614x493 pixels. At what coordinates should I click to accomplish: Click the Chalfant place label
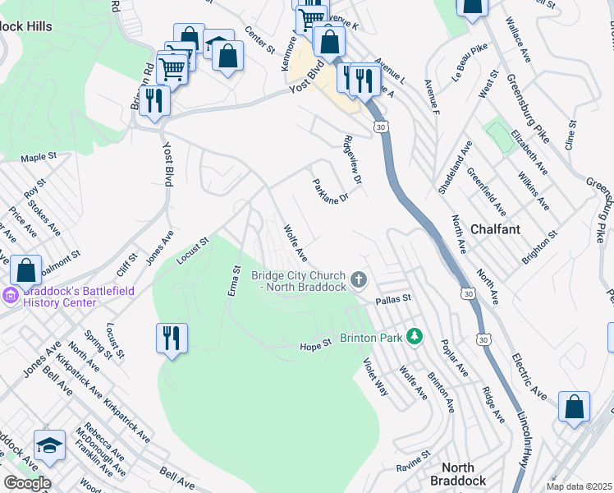click(x=496, y=229)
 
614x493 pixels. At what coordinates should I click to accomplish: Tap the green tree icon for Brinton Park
click(x=415, y=337)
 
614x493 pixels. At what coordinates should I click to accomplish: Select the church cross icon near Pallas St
click(x=358, y=281)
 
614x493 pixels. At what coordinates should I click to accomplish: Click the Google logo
click(x=26, y=482)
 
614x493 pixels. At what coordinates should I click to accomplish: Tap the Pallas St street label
click(x=392, y=302)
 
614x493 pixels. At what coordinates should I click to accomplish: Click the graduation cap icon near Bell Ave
click(x=49, y=445)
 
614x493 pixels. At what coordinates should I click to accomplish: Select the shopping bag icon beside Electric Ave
click(x=574, y=406)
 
